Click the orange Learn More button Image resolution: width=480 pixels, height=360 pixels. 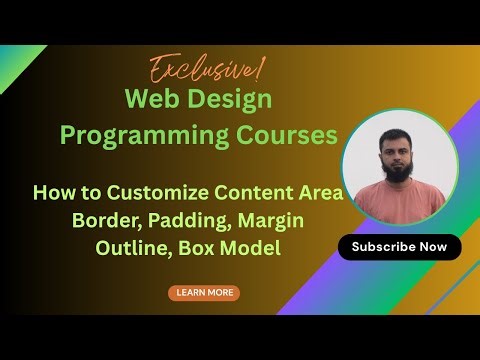pyautogui.click(x=204, y=293)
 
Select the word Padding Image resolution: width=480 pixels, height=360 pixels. pyautogui.click(x=192, y=219)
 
